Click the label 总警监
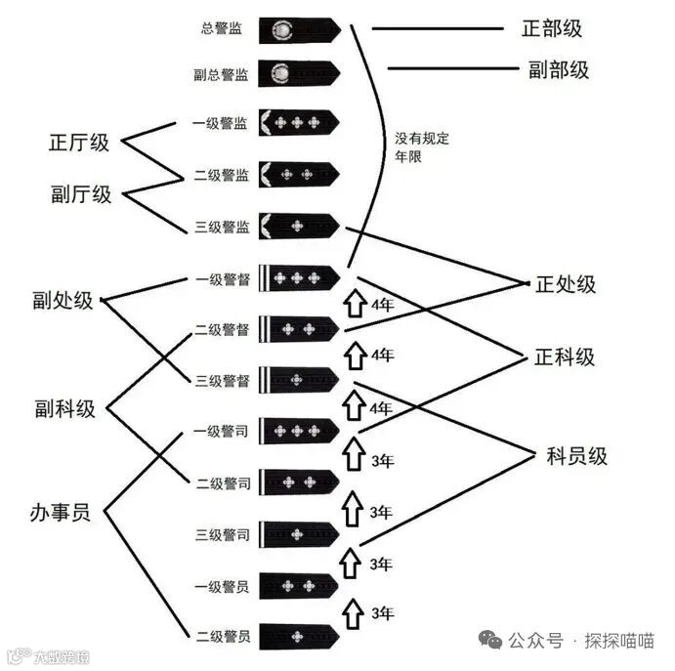222,28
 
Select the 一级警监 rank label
222,124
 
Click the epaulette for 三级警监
299,227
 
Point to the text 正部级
552,28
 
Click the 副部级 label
558,69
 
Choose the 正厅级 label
79,143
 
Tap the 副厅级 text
81,193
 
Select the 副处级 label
62,301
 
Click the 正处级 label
565,284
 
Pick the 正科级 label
564,356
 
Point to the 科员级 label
576,455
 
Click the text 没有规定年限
421,147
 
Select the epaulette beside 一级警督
299,278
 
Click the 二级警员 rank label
222,637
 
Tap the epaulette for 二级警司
299,482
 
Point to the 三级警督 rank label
222,379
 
